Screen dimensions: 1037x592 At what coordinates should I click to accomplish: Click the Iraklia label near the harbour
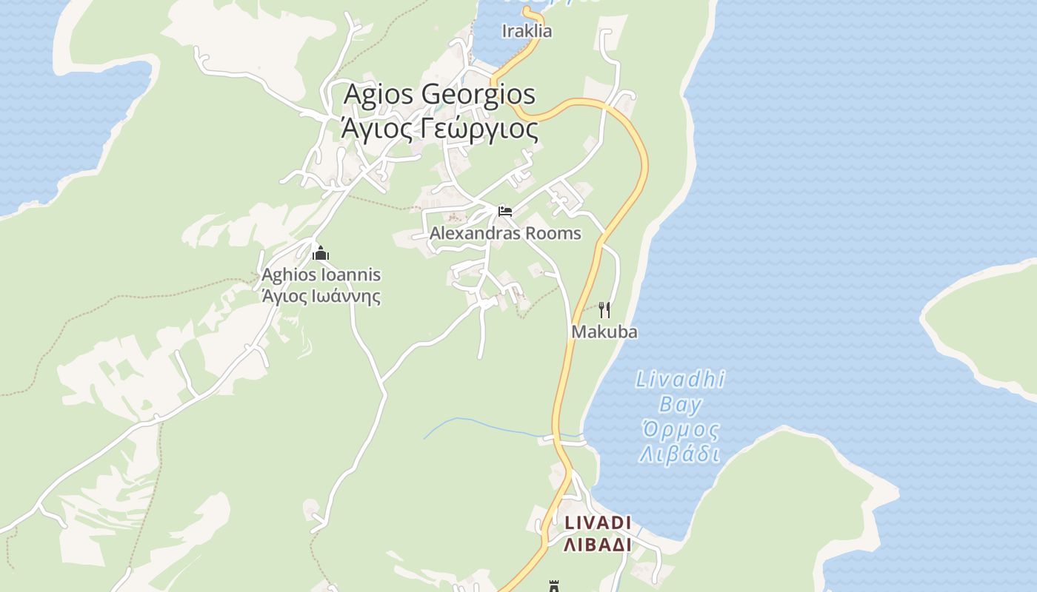coord(527,31)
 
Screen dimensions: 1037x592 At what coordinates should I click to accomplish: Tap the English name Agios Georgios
coord(439,95)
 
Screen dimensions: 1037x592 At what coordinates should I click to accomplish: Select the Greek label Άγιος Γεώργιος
coord(439,128)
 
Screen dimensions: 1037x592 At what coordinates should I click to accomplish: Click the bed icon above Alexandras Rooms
coord(505,212)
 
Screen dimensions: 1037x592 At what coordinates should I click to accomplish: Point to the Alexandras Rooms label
coord(505,234)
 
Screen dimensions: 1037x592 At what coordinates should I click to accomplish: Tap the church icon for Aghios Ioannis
coord(321,254)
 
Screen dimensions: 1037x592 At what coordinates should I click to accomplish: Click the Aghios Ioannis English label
coord(321,275)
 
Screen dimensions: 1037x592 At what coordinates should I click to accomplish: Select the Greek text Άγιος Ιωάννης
coord(321,297)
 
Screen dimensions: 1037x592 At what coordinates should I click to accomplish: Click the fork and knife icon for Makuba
coord(604,309)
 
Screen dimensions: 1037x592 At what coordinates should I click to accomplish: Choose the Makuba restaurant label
coord(604,332)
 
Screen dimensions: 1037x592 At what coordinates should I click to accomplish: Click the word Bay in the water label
coord(680,405)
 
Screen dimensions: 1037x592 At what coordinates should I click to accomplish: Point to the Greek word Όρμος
coord(680,429)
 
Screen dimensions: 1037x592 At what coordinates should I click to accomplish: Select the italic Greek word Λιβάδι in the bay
coord(680,454)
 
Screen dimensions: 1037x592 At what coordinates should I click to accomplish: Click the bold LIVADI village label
coord(598,523)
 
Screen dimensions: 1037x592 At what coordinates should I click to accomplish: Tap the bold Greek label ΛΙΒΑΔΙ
coord(598,545)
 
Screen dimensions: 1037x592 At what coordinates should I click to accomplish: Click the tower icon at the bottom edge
coord(553,586)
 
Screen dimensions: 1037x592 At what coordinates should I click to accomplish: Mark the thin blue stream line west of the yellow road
coord(474,423)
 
